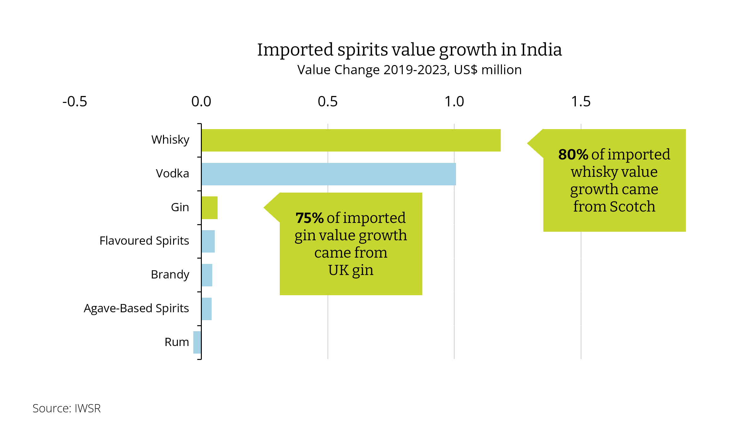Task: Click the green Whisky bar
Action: pyautogui.click(x=351, y=140)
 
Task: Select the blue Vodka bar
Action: pyautogui.click(x=328, y=174)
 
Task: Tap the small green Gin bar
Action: pyautogui.click(x=209, y=208)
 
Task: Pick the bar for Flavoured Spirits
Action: pyautogui.click(x=208, y=241)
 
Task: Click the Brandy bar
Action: pyautogui.click(x=207, y=275)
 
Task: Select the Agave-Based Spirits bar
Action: pyautogui.click(x=207, y=309)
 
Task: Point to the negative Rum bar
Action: pyautogui.click(x=197, y=342)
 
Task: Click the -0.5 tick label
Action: pyautogui.click(x=75, y=102)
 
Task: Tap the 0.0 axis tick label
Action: pyautogui.click(x=201, y=102)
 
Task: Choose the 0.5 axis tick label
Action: pyautogui.click(x=328, y=102)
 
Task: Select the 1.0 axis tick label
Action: pyautogui.click(x=454, y=102)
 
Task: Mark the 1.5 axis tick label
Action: pyautogui.click(x=581, y=102)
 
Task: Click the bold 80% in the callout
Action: pyautogui.click(x=573, y=155)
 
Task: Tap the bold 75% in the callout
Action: pyautogui.click(x=309, y=218)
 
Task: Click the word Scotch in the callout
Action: pyautogui.click(x=632, y=206)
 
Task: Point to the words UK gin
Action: pyautogui.click(x=351, y=270)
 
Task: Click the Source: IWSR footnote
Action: pyautogui.click(x=67, y=408)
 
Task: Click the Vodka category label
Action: pyautogui.click(x=172, y=173)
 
